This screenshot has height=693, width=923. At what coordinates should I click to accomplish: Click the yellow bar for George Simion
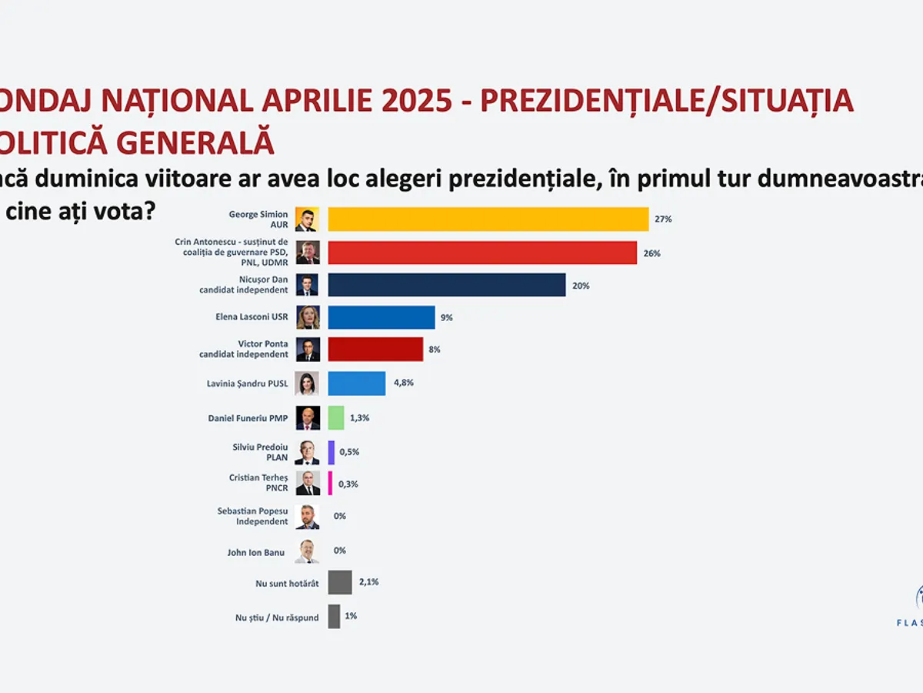488,219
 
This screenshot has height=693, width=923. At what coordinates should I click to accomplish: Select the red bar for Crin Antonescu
482,253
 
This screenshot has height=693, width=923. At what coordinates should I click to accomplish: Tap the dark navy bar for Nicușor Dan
447,285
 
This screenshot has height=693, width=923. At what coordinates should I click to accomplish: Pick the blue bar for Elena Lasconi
382,317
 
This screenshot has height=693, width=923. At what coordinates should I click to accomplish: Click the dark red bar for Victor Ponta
375,350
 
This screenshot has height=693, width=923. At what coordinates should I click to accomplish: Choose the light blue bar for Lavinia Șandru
357,383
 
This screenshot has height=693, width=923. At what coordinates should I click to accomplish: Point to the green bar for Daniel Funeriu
336,417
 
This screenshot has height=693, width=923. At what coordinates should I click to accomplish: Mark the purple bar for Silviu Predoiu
332,452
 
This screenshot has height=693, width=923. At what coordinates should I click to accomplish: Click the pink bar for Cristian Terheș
331,484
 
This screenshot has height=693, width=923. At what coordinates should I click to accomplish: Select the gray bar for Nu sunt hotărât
340,582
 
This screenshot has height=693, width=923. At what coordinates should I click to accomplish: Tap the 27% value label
663,219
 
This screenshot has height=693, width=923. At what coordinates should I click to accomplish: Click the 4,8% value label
404,383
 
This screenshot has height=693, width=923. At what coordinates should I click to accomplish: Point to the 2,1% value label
369,582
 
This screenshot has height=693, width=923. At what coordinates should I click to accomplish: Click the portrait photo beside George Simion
307,220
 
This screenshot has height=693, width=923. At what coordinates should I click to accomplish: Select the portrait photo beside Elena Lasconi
308,317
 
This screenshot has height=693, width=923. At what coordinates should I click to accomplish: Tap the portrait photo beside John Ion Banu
307,551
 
